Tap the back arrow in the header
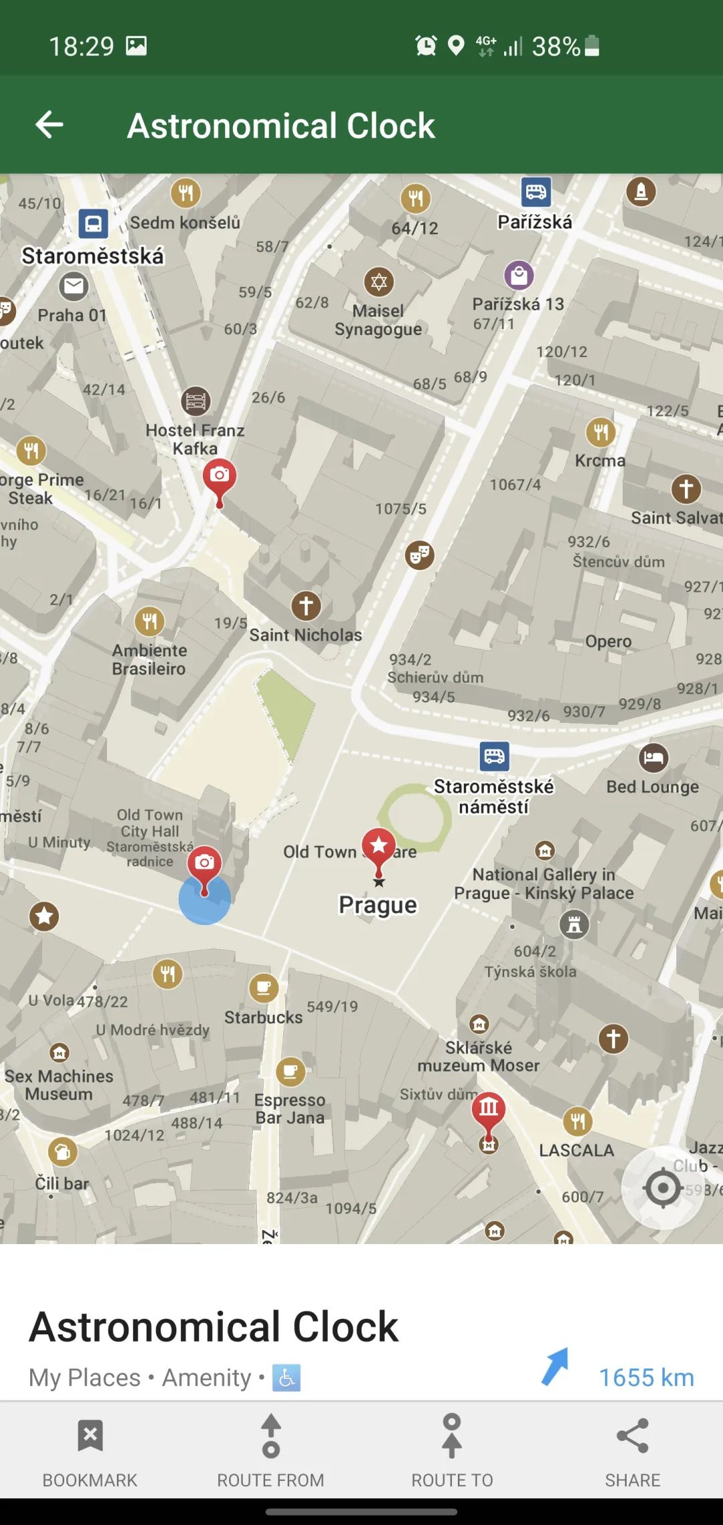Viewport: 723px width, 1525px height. tap(50, 124)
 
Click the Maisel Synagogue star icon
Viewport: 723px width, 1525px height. tap(379, 282)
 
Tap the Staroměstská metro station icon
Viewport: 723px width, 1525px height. tap(93, 223)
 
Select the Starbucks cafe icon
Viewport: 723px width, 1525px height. tap(264, 988)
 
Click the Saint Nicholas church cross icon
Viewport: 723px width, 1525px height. tap(306, 606)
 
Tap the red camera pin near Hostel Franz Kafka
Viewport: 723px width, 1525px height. tap(220, 476)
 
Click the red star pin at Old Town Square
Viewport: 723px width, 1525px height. tap(379, 846)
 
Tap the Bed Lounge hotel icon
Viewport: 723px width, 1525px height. tap(653, 758)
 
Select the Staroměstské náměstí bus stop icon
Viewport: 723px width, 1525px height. tap(495, 756)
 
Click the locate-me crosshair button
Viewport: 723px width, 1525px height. tap(663, 1188)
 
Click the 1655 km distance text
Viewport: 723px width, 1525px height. tap(646, 1377)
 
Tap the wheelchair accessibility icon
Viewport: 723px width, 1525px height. tap(287, 1378)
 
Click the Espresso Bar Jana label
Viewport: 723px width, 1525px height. tap(290, 1108)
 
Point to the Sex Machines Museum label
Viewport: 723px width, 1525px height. tap(59, 1085)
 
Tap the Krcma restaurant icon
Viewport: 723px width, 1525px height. tap(601, 432)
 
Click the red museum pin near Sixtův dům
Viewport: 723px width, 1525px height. tap(489, 1109)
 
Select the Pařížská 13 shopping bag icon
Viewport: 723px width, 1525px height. tap(519, 275)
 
